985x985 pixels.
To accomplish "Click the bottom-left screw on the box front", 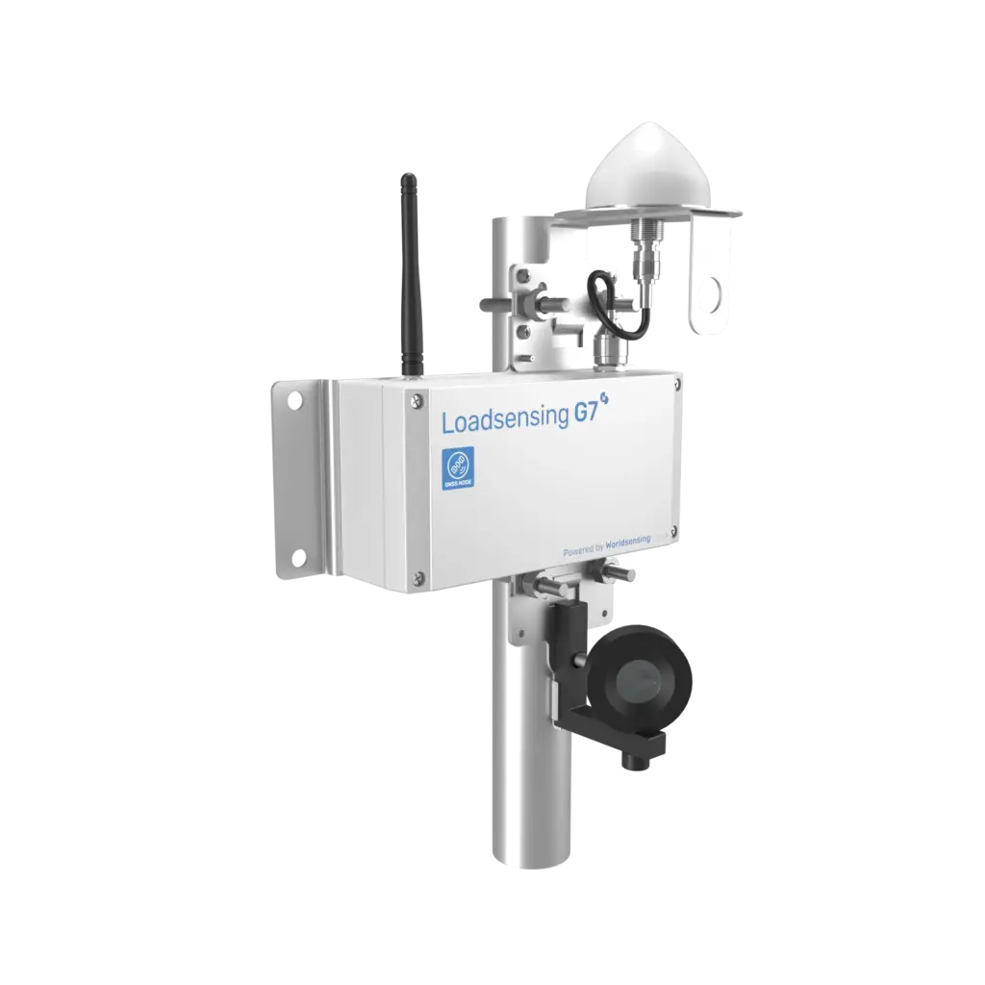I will pos(418,577).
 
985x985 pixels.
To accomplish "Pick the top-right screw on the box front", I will pos(677,384).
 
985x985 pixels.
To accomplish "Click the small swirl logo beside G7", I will pos(608,404).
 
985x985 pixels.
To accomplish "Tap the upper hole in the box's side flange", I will pos(297,402).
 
